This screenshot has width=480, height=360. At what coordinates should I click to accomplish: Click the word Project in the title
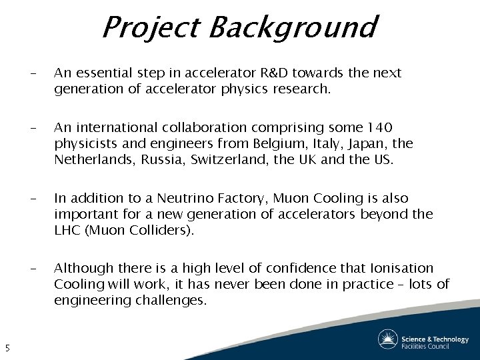(x=150, y=28)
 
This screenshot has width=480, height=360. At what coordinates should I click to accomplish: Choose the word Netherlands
(x=93, y=159)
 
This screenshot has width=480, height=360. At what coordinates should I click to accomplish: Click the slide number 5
(x=7, y=347)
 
